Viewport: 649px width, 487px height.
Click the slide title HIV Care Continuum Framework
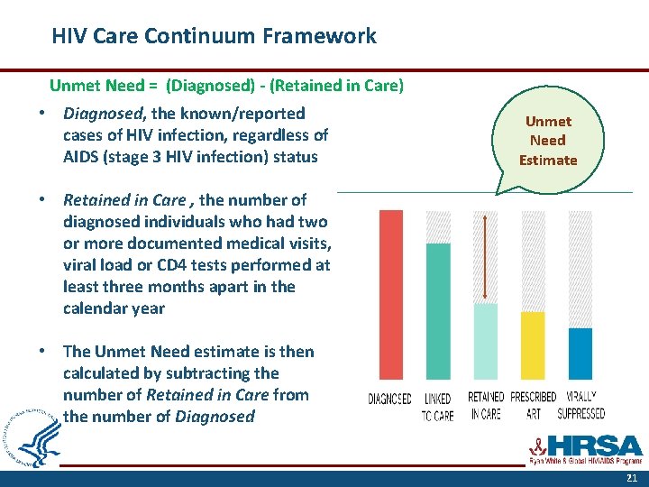pyautogui.click(x=214, y=37)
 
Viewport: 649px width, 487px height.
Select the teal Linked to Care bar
pyautogui.click(x=438, y=310)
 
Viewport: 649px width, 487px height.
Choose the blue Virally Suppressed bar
pyautogui.click(x=580, y=354)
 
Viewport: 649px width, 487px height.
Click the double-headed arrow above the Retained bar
pyautogui.click(x=486, y=257)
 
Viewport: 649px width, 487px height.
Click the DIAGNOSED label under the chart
pyautogui.click(x=390, y=399)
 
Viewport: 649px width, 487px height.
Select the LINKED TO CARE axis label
pyautogui.click(x=438, y=406)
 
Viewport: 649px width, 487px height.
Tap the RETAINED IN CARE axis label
pyautogui.click(x=485, y=406)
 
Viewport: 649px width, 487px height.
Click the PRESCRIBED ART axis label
pyautogui.click(x=533, y=406)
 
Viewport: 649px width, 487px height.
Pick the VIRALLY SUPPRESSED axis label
pyautogui.click(x=581, y=406)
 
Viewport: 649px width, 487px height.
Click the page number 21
pyautogui.click(x=630, y=477)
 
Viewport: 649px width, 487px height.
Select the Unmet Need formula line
pyautogui.click(x=226, y=86)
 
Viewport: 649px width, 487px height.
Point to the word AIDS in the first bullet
pyautogui.click(x=82, y=156)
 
